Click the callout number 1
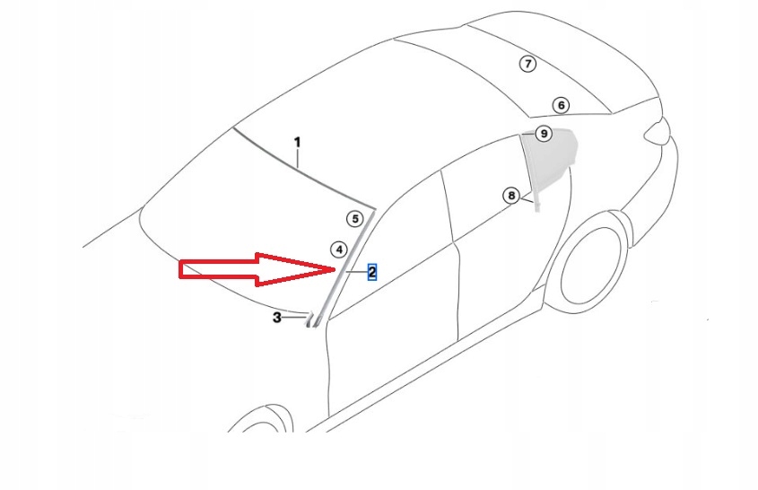coord(298,142)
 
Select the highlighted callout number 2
coord(371,272)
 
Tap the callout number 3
coord(277,318)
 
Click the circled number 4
coord(338,249)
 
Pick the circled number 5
coord(354,218)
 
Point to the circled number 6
coord(561,105)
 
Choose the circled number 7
coord(528,63)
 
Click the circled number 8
coord(510,195)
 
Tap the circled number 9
coord(543,134)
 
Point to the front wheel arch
coord(260,413)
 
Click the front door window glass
coord(399,233)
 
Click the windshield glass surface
coord(242,215)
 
